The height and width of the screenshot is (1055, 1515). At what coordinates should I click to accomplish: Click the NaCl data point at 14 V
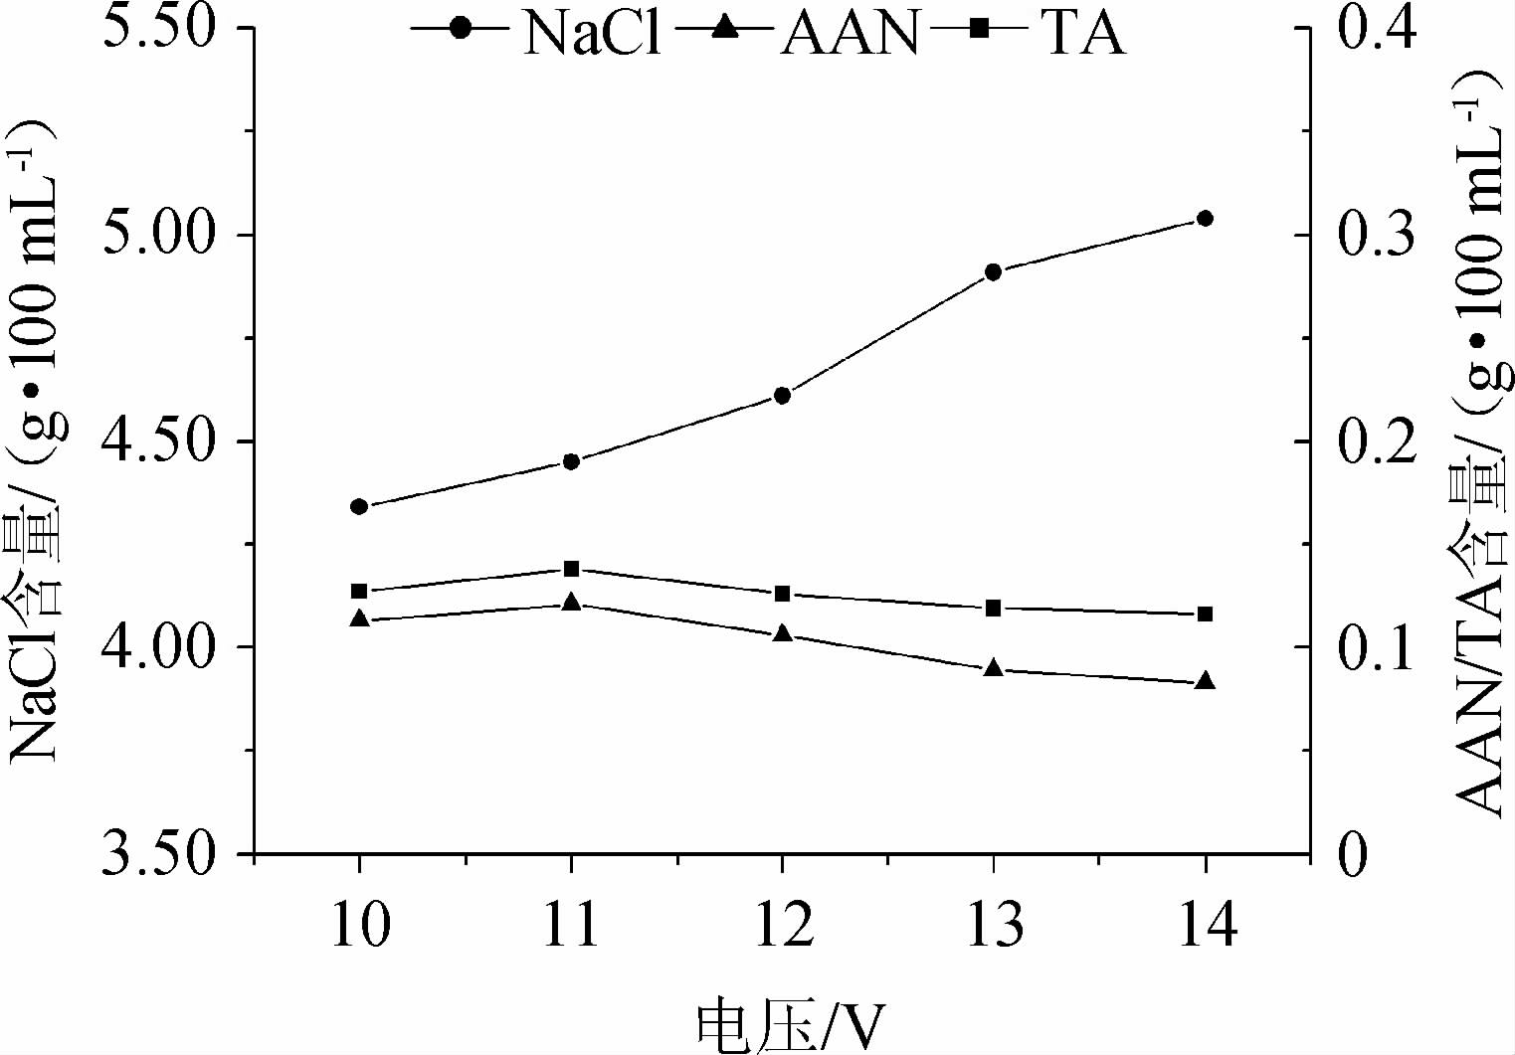[1205, 219]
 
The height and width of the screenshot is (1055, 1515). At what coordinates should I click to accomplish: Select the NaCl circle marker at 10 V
[359, 506]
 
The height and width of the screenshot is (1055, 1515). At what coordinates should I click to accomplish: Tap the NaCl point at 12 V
[782, 396]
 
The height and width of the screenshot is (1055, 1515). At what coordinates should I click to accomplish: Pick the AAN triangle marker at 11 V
[571, 603]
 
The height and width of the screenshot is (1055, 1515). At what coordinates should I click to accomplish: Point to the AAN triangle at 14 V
[1205, 681]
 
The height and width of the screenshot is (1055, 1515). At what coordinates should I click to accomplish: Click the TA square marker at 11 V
[571, 569]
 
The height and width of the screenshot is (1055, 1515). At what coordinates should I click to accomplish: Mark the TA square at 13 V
[993, 608]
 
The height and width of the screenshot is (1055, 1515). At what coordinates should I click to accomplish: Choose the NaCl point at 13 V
[993, 271]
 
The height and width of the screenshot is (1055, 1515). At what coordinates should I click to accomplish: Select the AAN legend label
[850, 32]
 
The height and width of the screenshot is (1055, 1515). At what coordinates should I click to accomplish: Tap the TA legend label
[1082, 32]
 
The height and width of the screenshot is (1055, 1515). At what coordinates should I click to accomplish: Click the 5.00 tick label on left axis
[160, 236]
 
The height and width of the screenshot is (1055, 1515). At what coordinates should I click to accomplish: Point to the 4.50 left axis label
[160, 441]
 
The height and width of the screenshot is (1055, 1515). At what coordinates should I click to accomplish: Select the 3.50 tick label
[160, 853]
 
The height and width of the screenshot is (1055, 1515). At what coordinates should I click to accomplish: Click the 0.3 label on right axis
[1377, 236]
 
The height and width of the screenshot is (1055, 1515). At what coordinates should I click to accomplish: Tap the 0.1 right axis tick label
[1377, 647]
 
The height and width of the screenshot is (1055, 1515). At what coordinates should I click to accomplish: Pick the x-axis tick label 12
[782, 925]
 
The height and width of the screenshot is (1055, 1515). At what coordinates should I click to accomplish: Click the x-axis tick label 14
[1205, 925]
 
